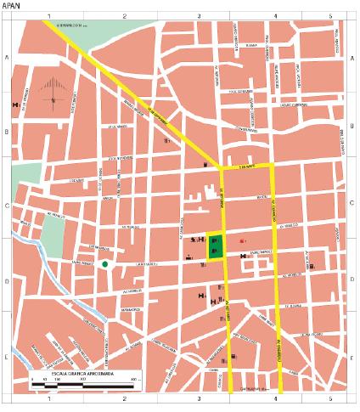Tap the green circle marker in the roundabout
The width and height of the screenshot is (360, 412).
tap(104, 265)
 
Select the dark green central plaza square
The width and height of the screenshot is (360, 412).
tap(216, 246)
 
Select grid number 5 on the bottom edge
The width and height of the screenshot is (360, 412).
tap(329, 398)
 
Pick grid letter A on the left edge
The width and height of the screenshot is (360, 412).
tap(7, 58)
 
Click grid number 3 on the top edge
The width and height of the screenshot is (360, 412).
tap(200, 16)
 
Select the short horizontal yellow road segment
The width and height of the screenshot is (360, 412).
tap(248, 166)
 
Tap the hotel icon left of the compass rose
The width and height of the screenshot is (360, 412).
tap(15, 104)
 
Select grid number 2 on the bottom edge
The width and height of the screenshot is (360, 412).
tap(124, 398)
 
